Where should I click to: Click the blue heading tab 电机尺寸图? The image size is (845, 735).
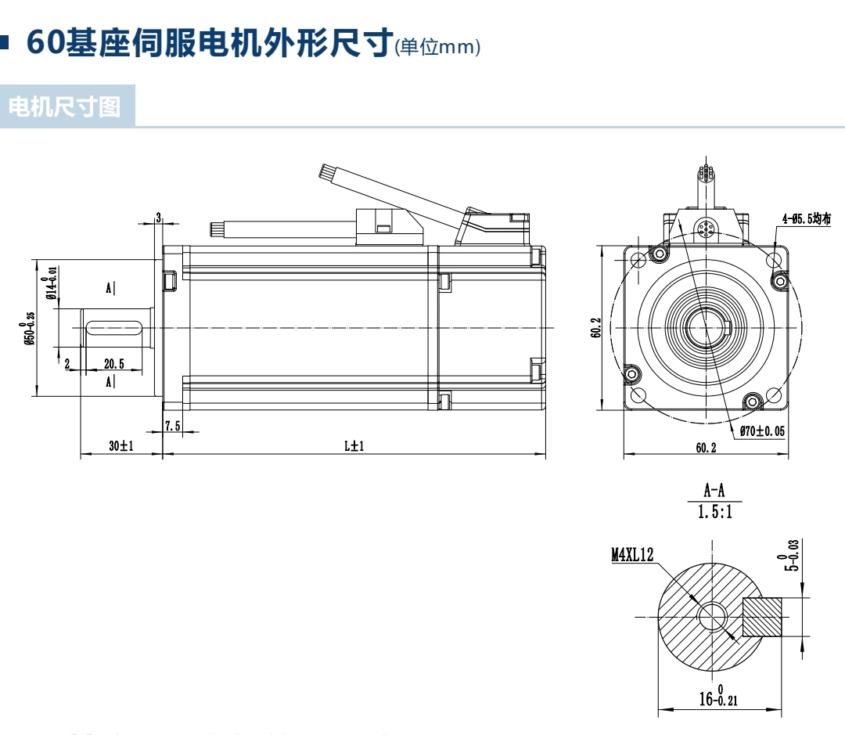click(66, 106)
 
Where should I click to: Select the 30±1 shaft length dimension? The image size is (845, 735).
click(121, 445)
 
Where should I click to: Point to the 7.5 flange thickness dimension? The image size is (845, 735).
click(173, 426)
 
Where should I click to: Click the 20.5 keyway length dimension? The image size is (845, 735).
click(114, 363)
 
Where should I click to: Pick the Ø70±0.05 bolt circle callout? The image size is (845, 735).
click(762, 431)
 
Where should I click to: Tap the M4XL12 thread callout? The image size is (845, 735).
click(632, 555)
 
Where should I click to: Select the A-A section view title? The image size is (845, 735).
click(714, 492)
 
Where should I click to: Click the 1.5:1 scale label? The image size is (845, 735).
click(714, 513)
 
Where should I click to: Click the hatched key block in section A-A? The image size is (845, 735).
click(762, 616)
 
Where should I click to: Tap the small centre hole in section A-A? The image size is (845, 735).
click(712, 617)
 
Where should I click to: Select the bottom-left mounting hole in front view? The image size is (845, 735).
click(638, 395)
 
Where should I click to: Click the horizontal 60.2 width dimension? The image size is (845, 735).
click(705, 448)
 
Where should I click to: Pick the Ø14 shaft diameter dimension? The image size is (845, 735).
click(52, 283)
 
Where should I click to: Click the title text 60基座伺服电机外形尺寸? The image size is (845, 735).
click(208, 42)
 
